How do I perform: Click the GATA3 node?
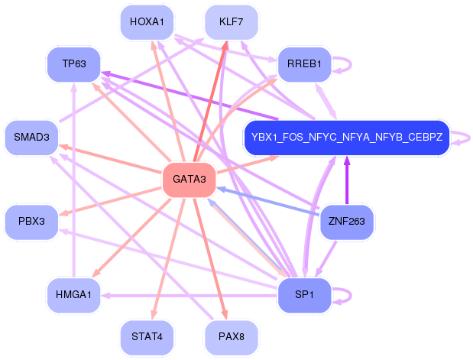190,180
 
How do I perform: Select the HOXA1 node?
147,22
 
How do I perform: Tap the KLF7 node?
231,22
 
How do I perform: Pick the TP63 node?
74,64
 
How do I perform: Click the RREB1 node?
304,64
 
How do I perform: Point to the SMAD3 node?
31,138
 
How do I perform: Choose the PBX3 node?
31,222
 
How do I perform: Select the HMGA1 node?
74,295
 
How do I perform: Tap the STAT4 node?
147,337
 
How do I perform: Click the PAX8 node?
231,337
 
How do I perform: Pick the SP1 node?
304,295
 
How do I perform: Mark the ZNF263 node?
347,222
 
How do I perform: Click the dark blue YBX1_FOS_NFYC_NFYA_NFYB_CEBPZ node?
347,138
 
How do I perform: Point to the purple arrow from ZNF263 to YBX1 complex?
347,180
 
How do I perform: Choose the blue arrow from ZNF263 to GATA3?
268,201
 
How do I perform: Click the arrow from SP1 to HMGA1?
190,296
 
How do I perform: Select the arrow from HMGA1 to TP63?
73,180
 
